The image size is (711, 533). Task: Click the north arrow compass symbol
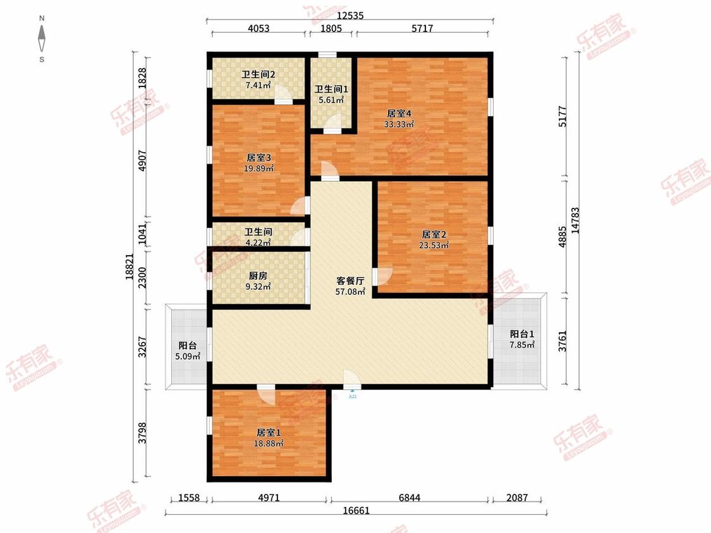pyautogui.click(x=42, y=39)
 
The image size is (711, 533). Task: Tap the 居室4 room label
pyautogui.click(x=399, y=113)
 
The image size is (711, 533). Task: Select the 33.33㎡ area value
pyautogui.click(x=399, y=124)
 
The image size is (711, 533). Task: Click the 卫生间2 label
pyautogui.click(x=258, y=75)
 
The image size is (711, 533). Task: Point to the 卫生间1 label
pyautogui.click(x=331, y=89)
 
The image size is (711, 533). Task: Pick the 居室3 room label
pyautogui.click(x=258, y=158)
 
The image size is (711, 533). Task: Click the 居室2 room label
pyautogui.click(x=434, y=234)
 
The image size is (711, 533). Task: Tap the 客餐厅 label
pyautogui.click(x=350, y=281)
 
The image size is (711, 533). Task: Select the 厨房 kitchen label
pyautogui.click(x=258, y=275)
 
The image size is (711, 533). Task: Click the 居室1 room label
pyautogui.click(x=269, y=433)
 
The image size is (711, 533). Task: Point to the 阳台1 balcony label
pyautogui.click(x=522, y=334)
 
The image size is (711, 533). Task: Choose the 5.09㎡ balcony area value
pyautogui.click(x=188, y=356)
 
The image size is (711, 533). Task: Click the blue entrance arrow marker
pyautogui.click(x=352, y=391)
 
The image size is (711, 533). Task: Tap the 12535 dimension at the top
pyautogui.click(x=350, y=15)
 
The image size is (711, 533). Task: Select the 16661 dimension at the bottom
pyautogui.click(x=356, y=511)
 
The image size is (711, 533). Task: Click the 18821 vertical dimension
pyautogui.click(x=130, y=266)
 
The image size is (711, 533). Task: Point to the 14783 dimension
pyautogui.click(x=575, y=220)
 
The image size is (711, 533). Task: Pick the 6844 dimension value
pyautogui.click(x=410, y=498)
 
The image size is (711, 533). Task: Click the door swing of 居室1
pyautogui.click(x=267, y=395)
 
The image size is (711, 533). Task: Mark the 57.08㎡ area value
pyautogui.click(x=350, y=292)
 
